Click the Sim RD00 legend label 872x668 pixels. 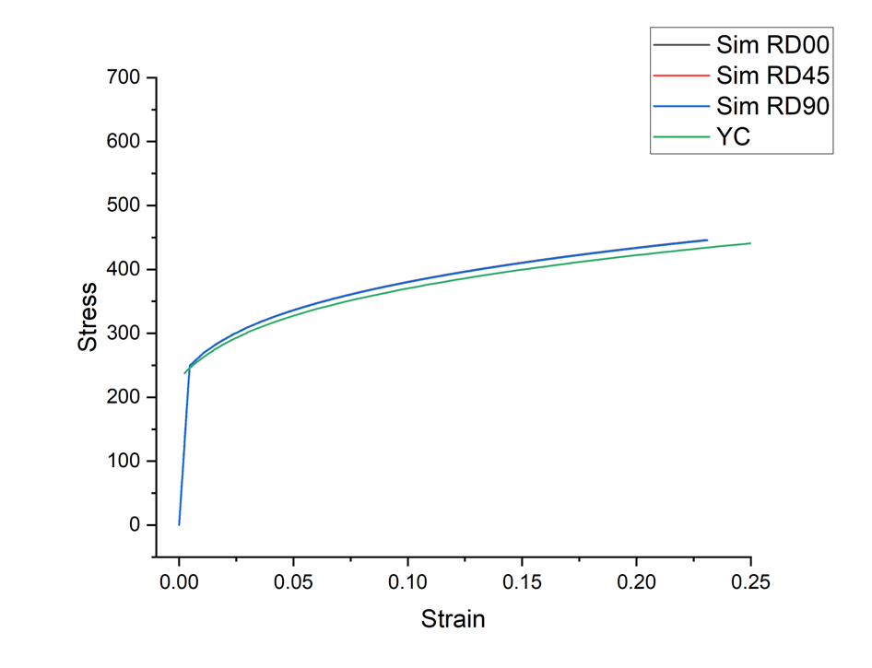[x=772, y=43]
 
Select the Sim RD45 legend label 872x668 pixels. [x=772, y=75]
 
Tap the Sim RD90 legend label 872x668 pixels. [x=772, y=106]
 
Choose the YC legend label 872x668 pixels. [x=732, y=137]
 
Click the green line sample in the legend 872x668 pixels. [x=679, y=137]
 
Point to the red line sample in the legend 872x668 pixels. [x=679, y=75]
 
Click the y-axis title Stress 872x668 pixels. [x=88, y=317]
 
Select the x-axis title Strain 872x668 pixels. [x=453, y=618]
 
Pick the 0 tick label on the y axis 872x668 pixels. [x=136, y=525]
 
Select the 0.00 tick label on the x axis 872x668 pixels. [x=179, y=583]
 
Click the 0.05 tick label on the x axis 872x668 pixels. [x=293, y=583]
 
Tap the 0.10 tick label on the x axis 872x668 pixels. [x=407, y=583]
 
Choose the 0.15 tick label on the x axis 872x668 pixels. [x=522, y=583]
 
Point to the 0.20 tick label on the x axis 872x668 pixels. [x=636, y=583]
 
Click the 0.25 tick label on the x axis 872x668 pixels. [x=749, y=583]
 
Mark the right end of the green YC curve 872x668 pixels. [x=750, y=243]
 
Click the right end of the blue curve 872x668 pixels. [x=706, y=240]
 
